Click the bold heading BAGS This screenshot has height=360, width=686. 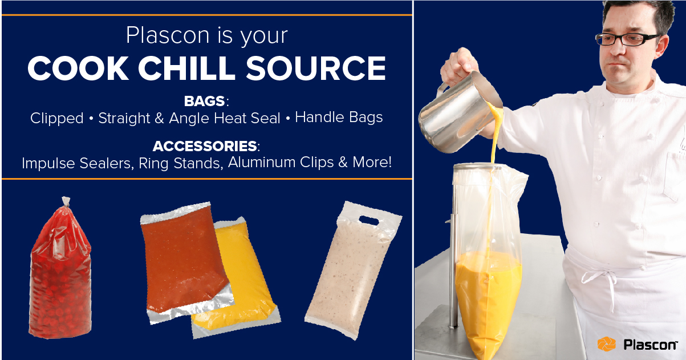205,102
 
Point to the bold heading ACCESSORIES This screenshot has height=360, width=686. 204,146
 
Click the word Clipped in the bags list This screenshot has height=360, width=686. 56,118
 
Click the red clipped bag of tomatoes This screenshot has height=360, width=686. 60,274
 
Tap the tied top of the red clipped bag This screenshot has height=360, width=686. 66,202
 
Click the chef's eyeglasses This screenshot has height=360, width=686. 627,39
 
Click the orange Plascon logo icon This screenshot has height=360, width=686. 606,344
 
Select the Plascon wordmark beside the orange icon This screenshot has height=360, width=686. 650,345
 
